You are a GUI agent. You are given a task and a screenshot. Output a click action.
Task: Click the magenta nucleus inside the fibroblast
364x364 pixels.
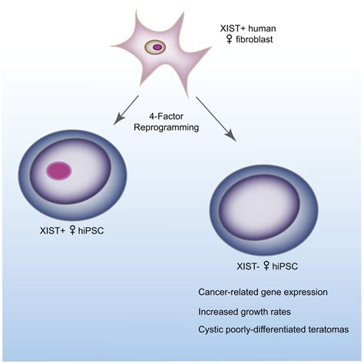tap(157, 48)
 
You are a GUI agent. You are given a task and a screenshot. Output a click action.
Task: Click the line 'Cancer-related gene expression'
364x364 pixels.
tap(263, 293)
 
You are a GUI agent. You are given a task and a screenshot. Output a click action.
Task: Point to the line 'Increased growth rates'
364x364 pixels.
tap(243, 311)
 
